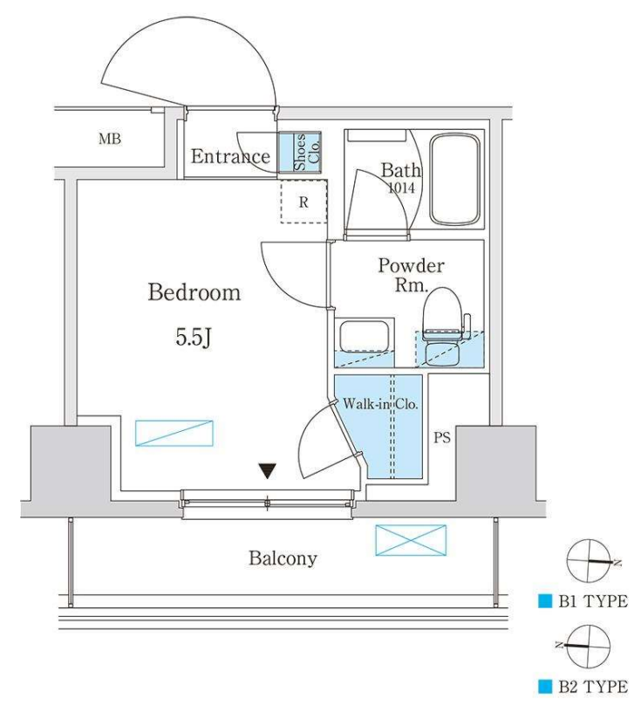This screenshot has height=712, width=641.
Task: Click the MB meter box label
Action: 110,139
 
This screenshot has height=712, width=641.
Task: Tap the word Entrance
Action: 230,156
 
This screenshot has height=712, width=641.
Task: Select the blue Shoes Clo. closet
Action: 300,152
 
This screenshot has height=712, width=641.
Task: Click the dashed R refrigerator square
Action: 303,202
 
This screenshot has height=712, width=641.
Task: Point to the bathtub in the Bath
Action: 454,179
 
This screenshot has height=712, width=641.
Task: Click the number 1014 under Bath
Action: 401,188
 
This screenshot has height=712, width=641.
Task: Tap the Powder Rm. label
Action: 411,275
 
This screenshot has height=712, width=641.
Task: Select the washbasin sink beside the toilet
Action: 364,337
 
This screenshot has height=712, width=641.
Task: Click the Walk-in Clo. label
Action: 380,404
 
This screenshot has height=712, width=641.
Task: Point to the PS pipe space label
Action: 441,438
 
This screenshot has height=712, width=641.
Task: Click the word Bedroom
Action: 194,292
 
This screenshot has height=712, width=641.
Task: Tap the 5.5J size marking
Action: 194,337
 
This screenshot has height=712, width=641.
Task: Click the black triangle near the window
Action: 268,471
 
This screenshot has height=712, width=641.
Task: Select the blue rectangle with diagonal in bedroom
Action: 174,433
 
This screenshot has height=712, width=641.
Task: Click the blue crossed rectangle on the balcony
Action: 411,540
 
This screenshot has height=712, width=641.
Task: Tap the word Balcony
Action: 283,558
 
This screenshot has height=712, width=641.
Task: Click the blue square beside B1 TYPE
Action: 545,601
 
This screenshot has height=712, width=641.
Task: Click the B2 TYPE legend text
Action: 593,686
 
